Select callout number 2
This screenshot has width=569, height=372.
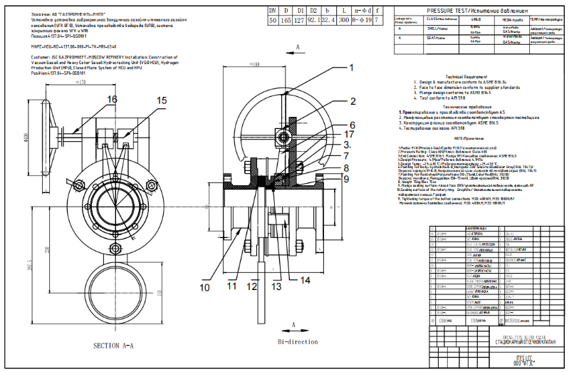pyautogui.click(x=351, y=104)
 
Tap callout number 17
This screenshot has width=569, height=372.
pyautogui.click(x=351, y=133)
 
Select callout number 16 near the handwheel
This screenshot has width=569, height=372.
pyautogui.click(x=112, y=99)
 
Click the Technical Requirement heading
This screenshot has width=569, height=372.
pyautogui.click(x=466, y=77)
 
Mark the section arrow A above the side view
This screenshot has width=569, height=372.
pyautogui.click(x=297, y=45)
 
